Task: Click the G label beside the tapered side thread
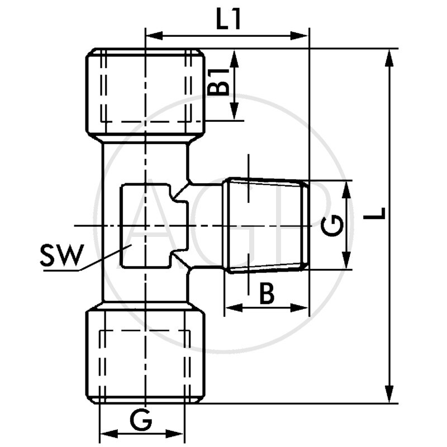333,225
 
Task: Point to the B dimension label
267,293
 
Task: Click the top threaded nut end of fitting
145,92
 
